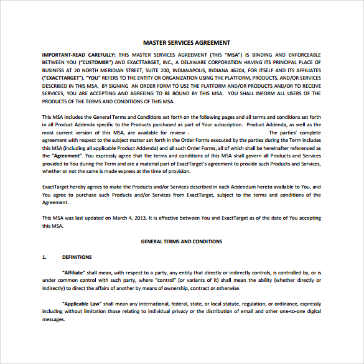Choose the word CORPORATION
coord(231,63)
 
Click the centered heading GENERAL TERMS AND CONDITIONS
coord(182,241)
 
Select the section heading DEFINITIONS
coord(77,257)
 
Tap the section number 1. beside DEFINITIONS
coord(44,257)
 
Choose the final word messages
coord(54,319)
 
